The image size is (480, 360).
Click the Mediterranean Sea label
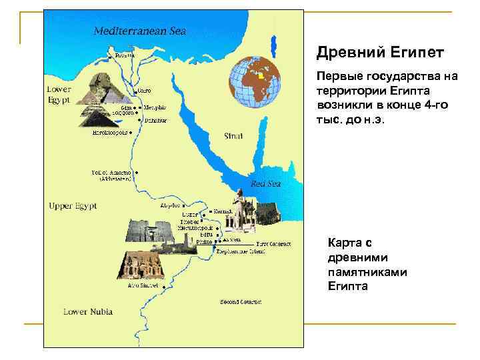click(139, 31)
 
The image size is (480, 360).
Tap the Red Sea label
click(265, 183)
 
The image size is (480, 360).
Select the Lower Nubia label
click(87, 311)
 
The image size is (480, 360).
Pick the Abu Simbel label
click(143, 285)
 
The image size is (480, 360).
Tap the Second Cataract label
click(241, 301)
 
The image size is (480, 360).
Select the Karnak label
click(223, 211)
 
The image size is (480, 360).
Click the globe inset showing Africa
click(254, 83)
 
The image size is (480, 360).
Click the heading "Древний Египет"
click(380, 52)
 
